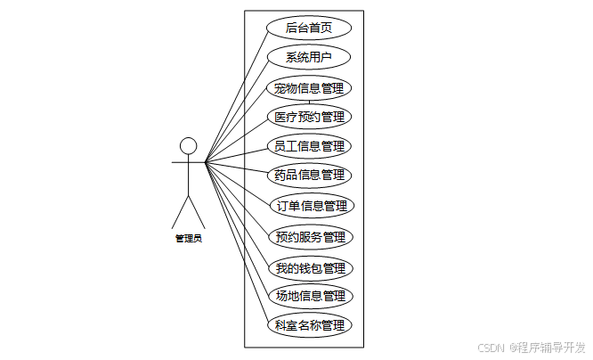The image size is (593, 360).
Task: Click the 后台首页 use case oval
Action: (x=309, y=28)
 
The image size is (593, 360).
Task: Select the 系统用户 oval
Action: (x=309, y=58)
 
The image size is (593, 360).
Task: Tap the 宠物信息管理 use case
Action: (x=309, y=87)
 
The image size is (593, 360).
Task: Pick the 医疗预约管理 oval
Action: (x=309, y=117)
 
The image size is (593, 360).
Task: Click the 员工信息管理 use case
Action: (x=309, y=146)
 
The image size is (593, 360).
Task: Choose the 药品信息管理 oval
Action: (x=309, y=175)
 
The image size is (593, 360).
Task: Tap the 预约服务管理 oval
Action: (x=310, y=237)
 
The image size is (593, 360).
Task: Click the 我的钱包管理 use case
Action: (x=310, y=267)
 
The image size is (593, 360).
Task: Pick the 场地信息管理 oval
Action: (x=310, y=295)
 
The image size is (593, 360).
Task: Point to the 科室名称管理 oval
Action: (x=309, y=325)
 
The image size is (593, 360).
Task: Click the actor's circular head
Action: (x=188, y=145)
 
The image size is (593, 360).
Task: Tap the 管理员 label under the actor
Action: (x=188, y=239)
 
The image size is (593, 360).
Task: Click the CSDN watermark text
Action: (x=491, y=348)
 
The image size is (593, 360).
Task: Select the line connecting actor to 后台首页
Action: (x=236, y=95)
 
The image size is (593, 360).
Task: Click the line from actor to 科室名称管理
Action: (x=236, y=241)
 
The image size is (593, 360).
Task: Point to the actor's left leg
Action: (x=180, y=211)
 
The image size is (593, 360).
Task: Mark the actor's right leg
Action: (x=197, y=211)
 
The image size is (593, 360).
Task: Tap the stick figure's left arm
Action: (x=179, y=163)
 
